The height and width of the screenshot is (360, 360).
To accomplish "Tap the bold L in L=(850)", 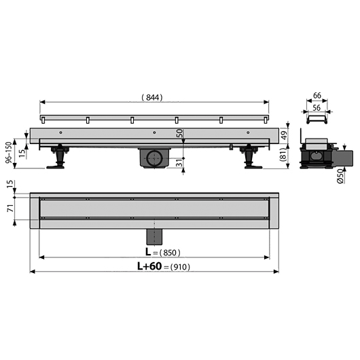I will coord(147,253).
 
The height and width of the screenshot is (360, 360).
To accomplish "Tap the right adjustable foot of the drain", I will coord(250,158).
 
